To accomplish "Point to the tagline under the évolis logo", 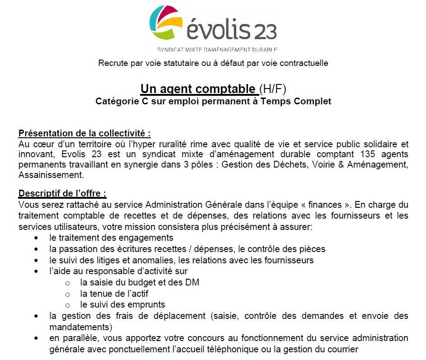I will (x=217, y=49).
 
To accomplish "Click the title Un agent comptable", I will (x=198, y=89).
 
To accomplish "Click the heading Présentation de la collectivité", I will (x=84, y=134).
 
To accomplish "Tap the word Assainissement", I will (x=51, y=174).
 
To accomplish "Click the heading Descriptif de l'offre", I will (x=62, y=194).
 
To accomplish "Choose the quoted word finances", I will (x=324, y=204).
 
